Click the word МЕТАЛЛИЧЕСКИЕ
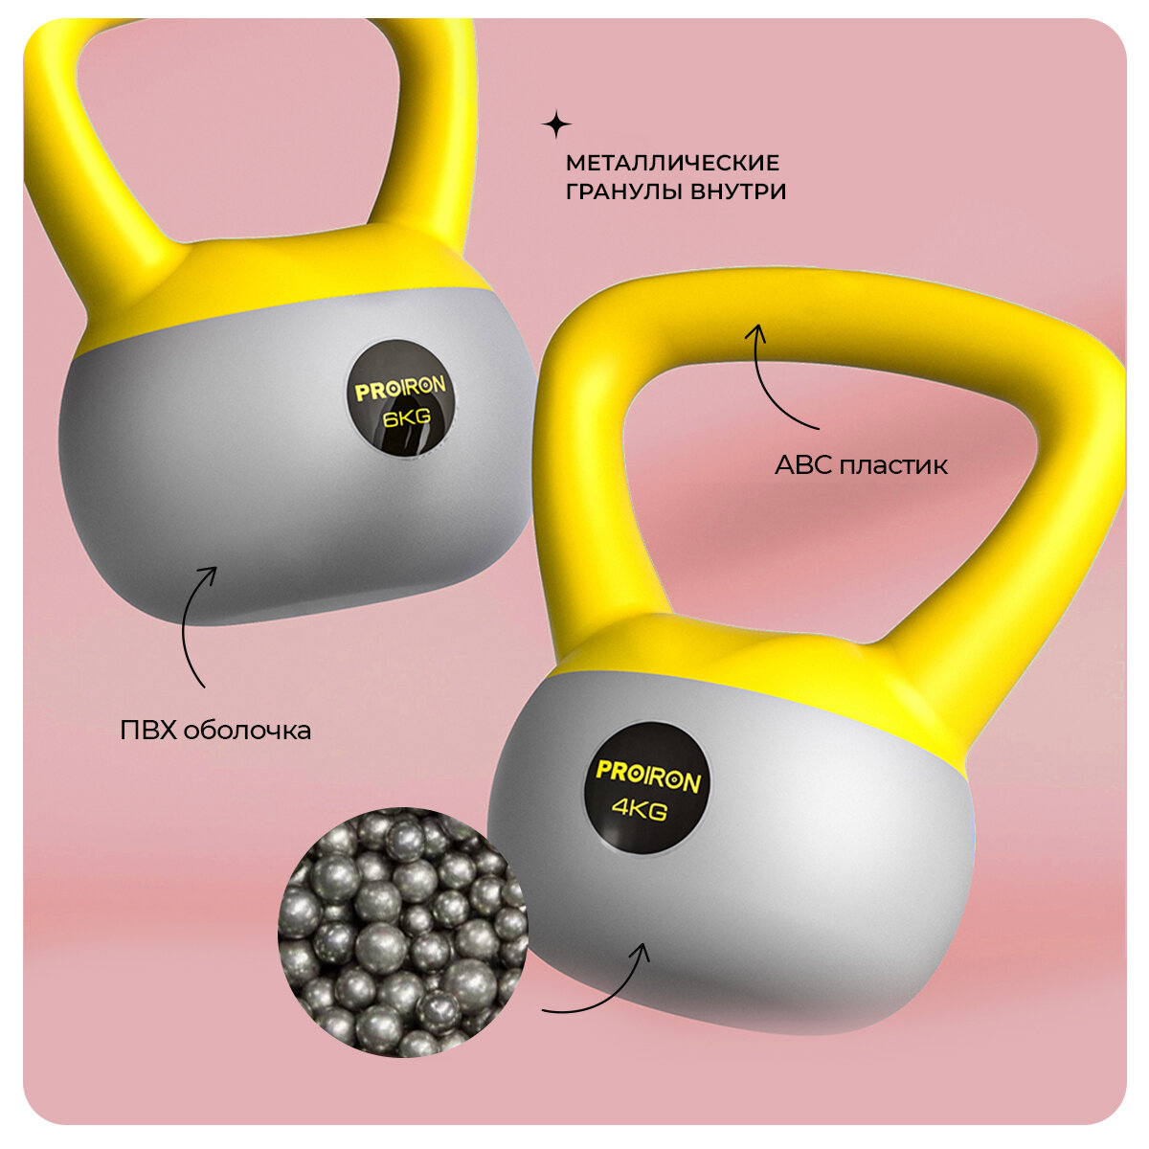[672, 163]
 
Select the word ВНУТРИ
[737, 191]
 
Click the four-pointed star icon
[556, 124]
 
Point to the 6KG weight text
[406, 418]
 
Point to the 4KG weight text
[640, 810]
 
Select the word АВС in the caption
[802, 466]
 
